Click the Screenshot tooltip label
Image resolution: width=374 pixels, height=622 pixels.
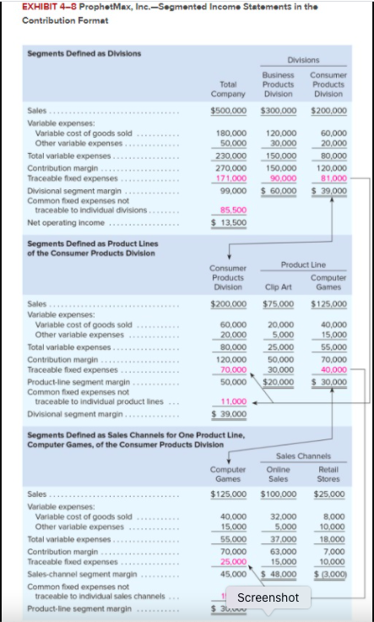click(268, 597)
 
